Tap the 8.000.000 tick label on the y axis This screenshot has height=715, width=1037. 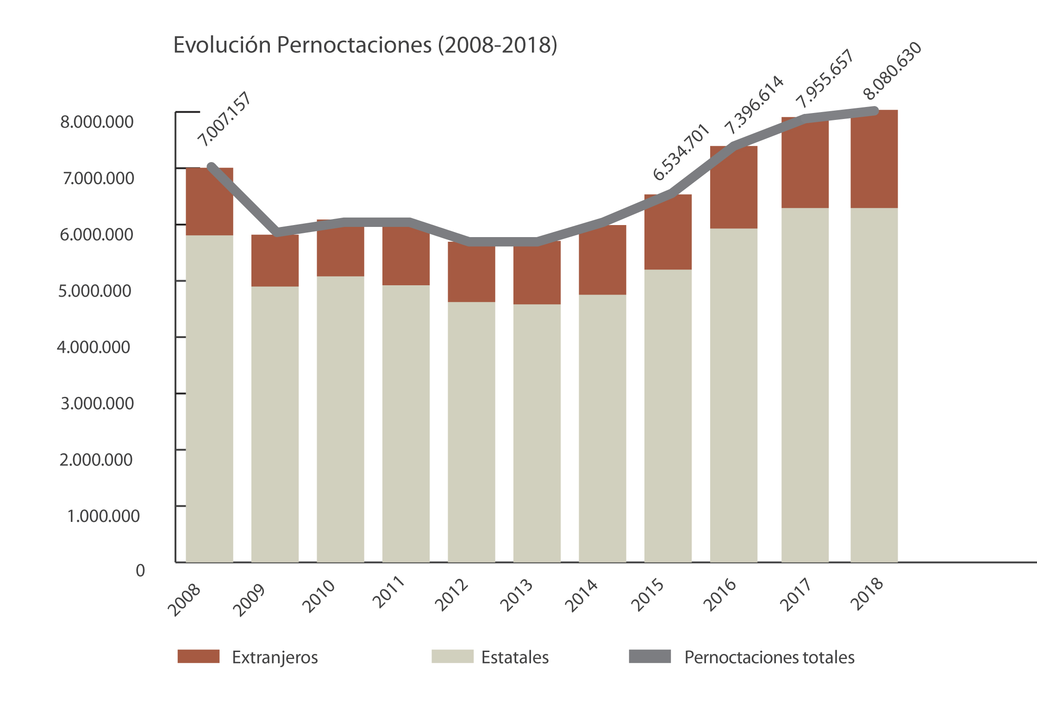[x=97, y=122]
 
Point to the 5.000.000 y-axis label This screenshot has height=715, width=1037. [x=94, y=291]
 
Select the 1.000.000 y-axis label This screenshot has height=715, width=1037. [x=103, y=516]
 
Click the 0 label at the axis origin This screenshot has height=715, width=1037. [x=140, y=571]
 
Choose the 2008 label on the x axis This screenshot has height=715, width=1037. [x=184, y=599]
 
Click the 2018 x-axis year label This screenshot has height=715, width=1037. [x=867, y=594]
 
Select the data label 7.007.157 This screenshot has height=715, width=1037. [x=225, y=119]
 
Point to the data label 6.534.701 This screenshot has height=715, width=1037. [x=681, y=152]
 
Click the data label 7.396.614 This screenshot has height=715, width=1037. [x=754, y=104]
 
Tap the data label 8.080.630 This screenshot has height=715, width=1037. [x=893, y=71]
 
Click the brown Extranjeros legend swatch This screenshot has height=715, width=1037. [x=198, y=656]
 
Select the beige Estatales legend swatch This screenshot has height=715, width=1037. [x=452, y=656]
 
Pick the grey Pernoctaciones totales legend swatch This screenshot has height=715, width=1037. [x=650, y=656]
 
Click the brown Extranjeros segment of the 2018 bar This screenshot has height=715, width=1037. [x=874, y=160]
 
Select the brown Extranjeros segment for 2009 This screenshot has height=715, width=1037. [x=275, y=262]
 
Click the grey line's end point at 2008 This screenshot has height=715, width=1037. [x=211, y=167]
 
